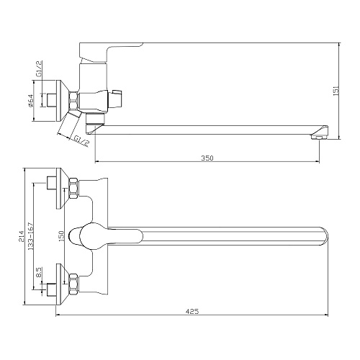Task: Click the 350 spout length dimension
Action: point(207,158)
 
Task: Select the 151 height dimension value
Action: point(336,91)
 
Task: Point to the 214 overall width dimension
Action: point(22,236)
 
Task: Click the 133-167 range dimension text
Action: point(30,236)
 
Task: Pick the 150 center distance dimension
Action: point(61,236)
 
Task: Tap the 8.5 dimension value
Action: point(39,273)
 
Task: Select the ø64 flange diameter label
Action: point(30,101)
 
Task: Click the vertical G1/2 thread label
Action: point(39,68)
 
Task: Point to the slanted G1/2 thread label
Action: point(81,141)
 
